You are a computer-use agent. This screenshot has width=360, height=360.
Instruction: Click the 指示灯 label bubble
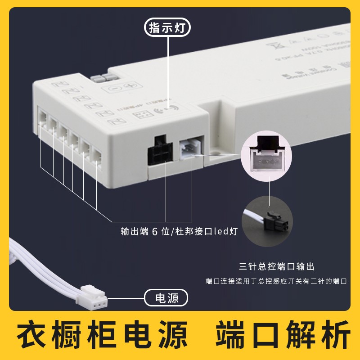[x=167, y=28]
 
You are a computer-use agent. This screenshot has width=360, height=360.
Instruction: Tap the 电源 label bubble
[x=166, y=298]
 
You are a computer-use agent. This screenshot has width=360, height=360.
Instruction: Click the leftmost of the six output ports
[x=43, y=118]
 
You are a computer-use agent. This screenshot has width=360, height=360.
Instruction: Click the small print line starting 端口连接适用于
[x=276, y=281]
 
